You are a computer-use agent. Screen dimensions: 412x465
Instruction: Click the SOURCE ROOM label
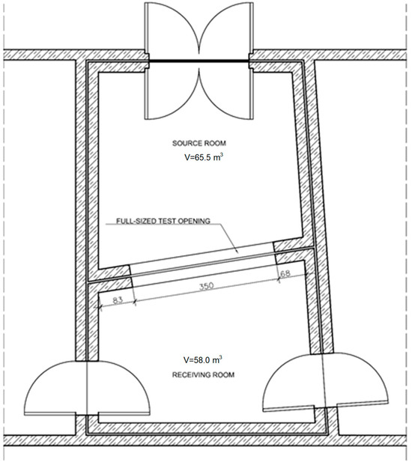199,143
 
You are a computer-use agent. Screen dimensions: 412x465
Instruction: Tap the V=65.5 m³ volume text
204,157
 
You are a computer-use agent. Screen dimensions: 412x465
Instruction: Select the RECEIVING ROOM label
203,375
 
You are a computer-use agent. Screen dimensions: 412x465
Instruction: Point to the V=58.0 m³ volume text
203,359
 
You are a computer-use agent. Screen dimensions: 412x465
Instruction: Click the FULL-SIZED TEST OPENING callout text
163,221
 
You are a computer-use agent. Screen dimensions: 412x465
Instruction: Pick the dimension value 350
206,286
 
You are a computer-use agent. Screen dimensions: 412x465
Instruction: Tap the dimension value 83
118,300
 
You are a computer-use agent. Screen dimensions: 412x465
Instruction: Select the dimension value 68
285,273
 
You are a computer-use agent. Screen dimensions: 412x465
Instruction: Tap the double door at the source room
199,61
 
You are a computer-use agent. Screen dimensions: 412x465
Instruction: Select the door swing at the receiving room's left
87,388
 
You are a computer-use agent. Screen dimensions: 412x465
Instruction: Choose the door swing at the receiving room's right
325,383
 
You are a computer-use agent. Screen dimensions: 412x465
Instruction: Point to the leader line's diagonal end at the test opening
238,252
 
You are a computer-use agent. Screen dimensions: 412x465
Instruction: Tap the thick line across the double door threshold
199,61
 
